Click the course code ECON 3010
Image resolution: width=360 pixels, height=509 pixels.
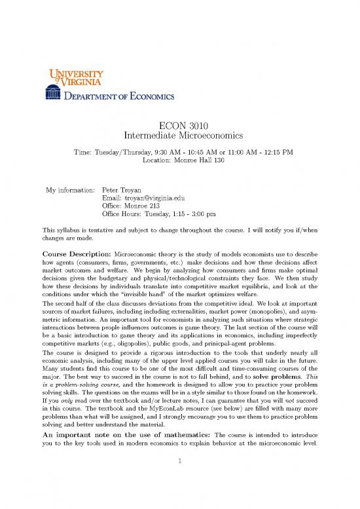click(179, 126)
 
